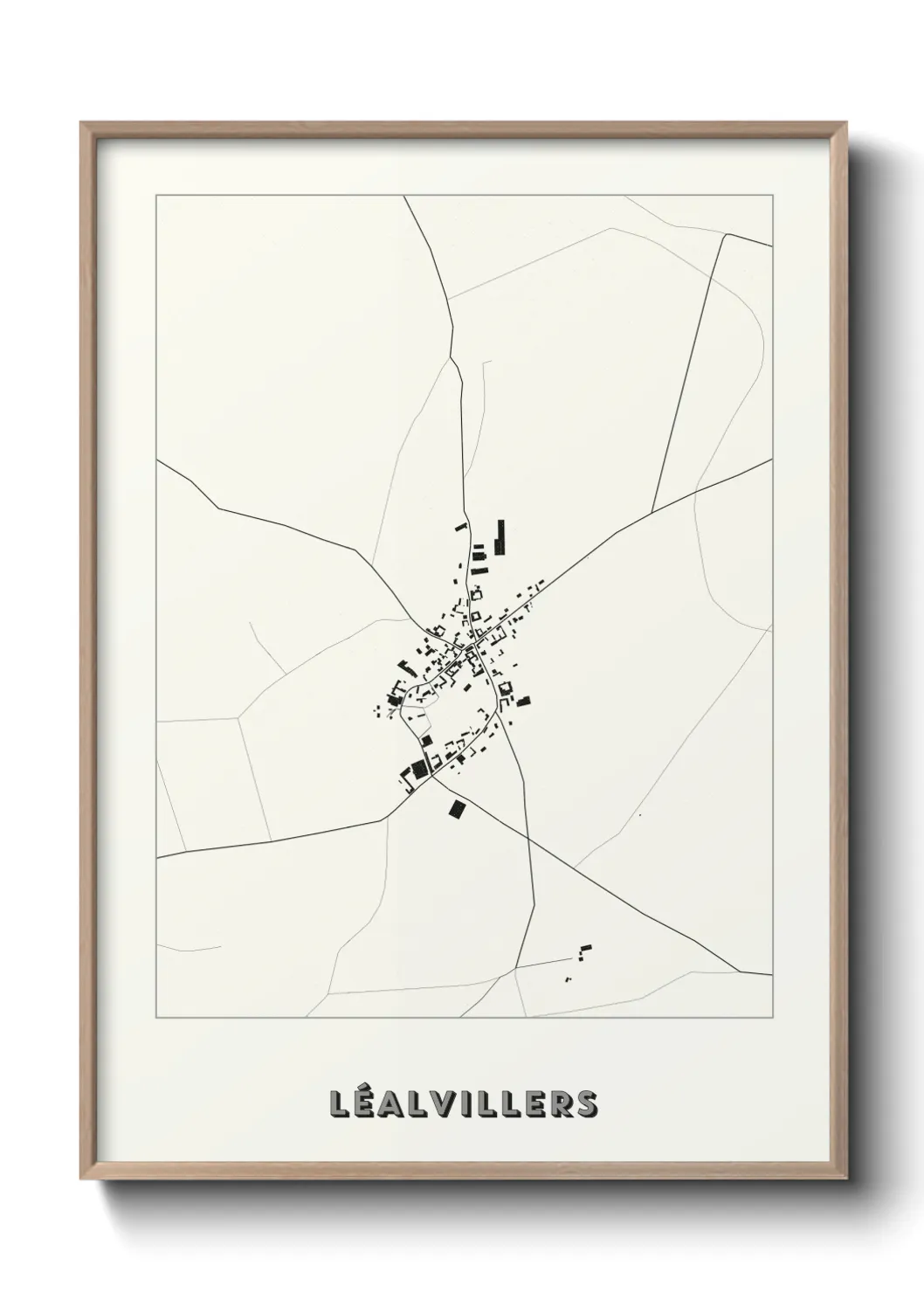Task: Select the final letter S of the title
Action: coord(586,1103)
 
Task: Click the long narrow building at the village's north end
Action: coord(500,536)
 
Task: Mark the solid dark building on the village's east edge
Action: coord(523,701)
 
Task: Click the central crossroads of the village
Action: coord(468,647)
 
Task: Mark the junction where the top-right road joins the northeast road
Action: coord(653,513)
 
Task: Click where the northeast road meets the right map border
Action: coord(771,460)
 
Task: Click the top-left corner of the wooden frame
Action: coord(81,123)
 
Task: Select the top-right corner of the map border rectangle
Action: coord(772,196)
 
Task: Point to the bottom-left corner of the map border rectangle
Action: coord(156,1018)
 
